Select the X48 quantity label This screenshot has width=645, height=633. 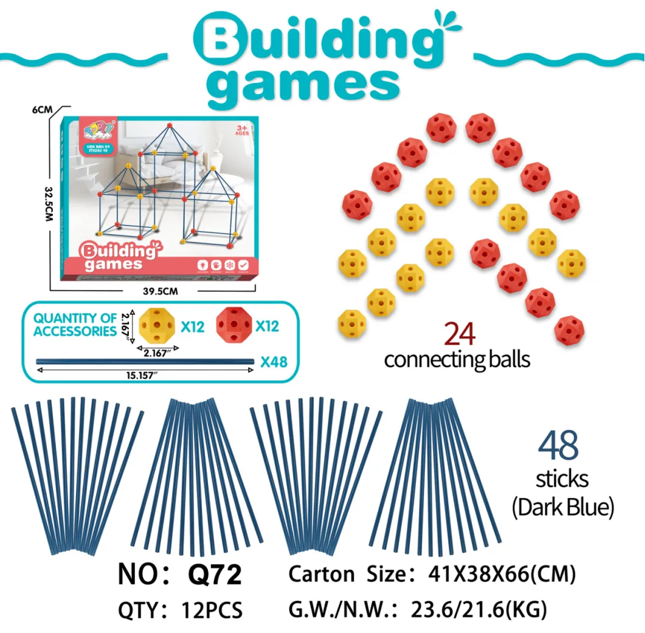274,362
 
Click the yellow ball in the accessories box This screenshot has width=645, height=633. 157,326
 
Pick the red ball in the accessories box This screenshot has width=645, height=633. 234,326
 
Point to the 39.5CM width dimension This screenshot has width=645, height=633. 159,291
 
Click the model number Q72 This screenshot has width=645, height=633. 215,574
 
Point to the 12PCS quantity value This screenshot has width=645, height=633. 212,609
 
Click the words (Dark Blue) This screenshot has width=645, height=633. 562,507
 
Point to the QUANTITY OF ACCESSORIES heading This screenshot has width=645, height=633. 74,324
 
